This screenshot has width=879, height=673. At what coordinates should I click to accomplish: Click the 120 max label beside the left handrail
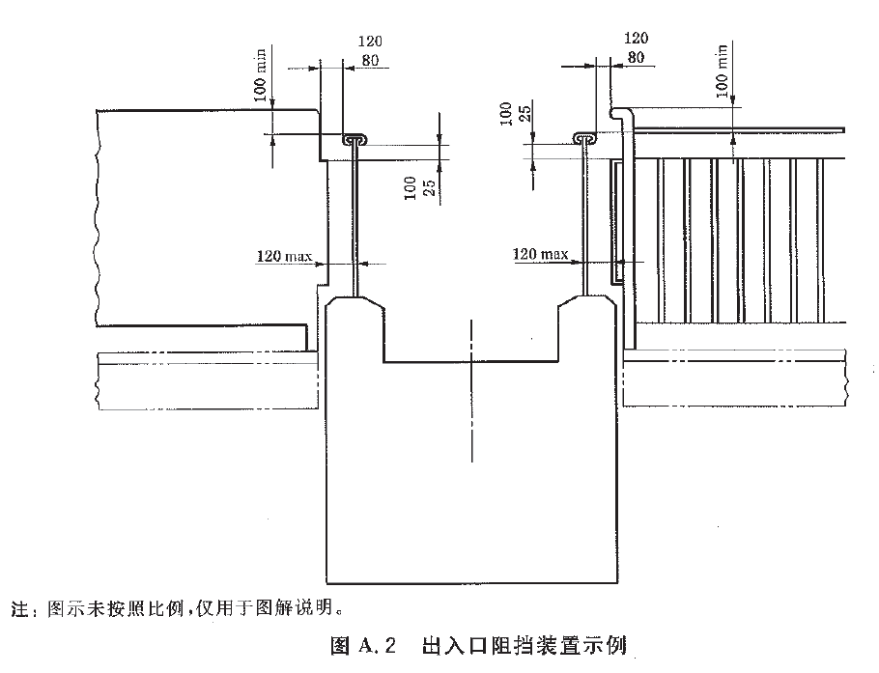click(x=281, y=257)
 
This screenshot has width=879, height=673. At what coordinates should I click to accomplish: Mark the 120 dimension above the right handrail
click(x=636, y=39)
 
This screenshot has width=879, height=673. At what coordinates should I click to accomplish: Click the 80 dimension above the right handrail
click(x=636, y=57)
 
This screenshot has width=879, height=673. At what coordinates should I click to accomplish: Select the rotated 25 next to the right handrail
click(x=522, y=115)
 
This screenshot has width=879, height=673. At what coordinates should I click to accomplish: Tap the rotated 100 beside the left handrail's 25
click(x=410, y=186)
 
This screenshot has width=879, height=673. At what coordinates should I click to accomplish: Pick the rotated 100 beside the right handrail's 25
click(x=504, y=113)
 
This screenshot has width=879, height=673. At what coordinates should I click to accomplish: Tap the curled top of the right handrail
click(x=586, y=138)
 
